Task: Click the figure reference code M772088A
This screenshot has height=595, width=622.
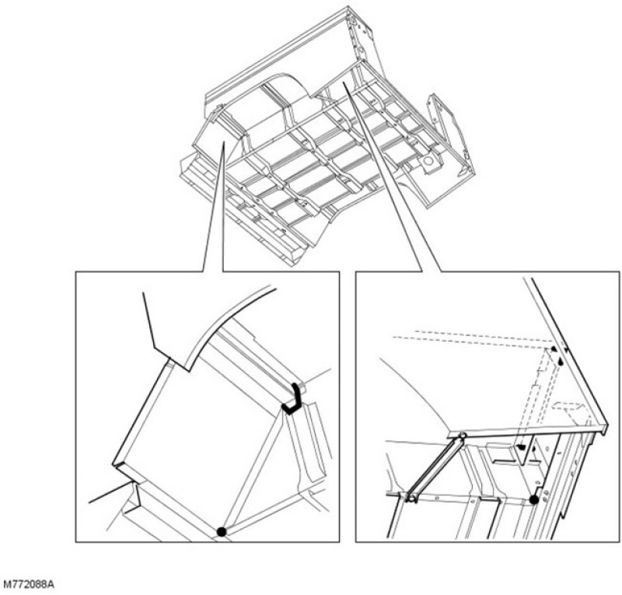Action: pyautogui.click(x=29, y=585)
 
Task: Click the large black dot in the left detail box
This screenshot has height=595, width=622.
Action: pyautogui.click(x=222, y=531)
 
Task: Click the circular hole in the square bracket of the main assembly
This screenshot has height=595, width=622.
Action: pyautogui.click(x=428, y=162)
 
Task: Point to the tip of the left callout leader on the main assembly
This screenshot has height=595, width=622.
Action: pyautogui.click(x=224, y=142)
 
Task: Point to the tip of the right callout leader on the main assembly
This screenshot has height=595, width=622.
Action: pyautogui.click(x=344, y=82)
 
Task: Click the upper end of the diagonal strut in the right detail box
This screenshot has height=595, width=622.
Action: pyautogui.click(x=462, y=436)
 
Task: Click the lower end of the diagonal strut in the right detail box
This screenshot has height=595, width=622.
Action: pyautogui.click(x=412, y=497)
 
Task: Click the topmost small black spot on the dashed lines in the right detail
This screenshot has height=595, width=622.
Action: pyautogui.click(x=554, y=348)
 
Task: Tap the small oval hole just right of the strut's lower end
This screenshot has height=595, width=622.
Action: pyautogui.click(x=436, y=497)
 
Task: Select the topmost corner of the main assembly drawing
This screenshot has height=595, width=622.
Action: pyautogui.click(x=348, y=6)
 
